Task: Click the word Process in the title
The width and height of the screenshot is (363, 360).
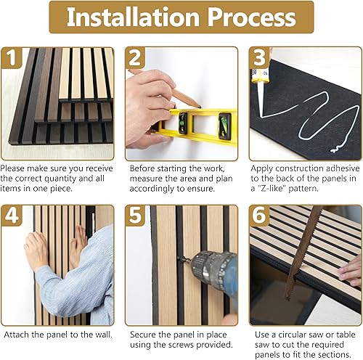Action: coord(254,18)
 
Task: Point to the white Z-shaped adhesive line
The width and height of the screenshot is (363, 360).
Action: coord(305,116)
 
